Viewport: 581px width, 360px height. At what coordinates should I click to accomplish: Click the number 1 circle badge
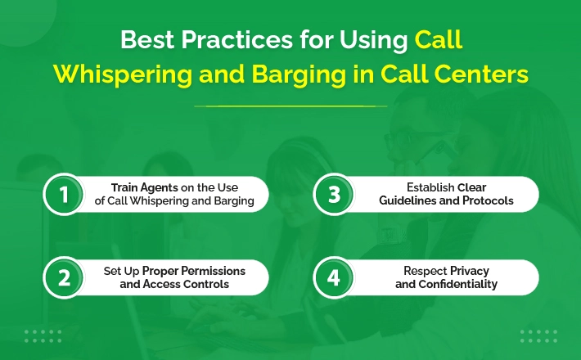pyautogui.click(x=64, y=194)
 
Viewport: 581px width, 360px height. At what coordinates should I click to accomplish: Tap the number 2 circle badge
pyautogui.click(x=64, y=277)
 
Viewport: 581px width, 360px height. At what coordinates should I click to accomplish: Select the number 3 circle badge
pyautogui.click(x=334, y=194)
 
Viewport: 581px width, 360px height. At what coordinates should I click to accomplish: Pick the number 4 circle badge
pyautogui.click(x=334, y=277)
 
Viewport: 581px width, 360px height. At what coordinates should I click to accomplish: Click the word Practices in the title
pyautogui.click(x=237, y=39)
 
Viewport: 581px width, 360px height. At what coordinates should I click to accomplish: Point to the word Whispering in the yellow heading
pyautogui.click(x=123, y=74)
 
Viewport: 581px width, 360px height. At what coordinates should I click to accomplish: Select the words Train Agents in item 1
pyautogui.click(x=145, y=188)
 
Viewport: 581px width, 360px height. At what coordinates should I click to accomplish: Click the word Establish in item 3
pyautogui.click(x=430, y=187)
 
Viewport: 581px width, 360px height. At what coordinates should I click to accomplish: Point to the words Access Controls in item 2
pyautogui.click(x=186, y=284)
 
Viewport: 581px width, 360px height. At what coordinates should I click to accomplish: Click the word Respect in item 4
pyautogui.click(x=426, y=271)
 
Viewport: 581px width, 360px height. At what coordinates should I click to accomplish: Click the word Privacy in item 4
pyautogui.click(x=470, y=271)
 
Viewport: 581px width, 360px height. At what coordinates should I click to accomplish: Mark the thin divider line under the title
pyautogui.click(x=290, y=106)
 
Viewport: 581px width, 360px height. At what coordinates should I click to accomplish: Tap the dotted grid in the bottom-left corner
pyautogui.click(x=43, y=336)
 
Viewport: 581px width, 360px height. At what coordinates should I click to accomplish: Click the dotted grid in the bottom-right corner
pyautogui.click(x=538, y=336)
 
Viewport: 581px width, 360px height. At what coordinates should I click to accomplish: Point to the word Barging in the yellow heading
pyautogui.click(x=299, y=74)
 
